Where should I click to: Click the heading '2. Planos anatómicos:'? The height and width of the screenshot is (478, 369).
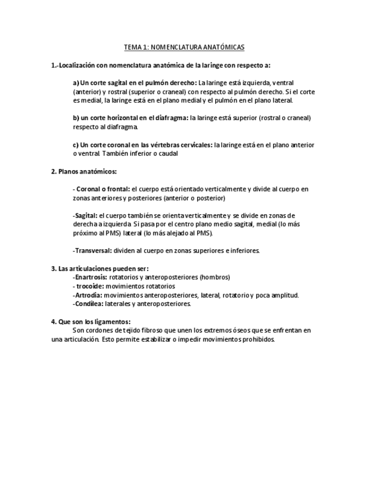[84, 171]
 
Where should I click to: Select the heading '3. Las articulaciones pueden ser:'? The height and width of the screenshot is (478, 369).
[100, 268]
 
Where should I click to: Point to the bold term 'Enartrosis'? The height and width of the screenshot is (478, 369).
[90, 277]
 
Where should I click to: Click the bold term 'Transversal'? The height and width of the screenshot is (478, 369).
[92, 250]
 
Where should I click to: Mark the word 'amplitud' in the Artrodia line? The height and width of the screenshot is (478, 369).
[285, 295]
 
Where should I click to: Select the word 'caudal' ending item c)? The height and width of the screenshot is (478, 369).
[168, 153]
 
